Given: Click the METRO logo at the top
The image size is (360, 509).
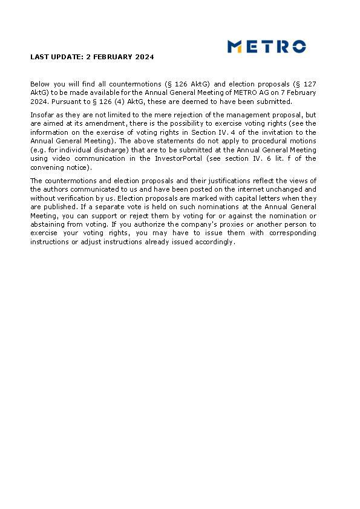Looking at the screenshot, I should [x=266, y=47].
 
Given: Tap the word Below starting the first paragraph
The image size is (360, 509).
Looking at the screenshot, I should [x=41, y=84].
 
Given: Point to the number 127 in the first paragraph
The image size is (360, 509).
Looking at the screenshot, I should [x=309, y=84].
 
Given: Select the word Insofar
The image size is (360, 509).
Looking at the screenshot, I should [x=42, y=115].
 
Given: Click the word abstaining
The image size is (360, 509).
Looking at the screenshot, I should [x=48, y=224].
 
